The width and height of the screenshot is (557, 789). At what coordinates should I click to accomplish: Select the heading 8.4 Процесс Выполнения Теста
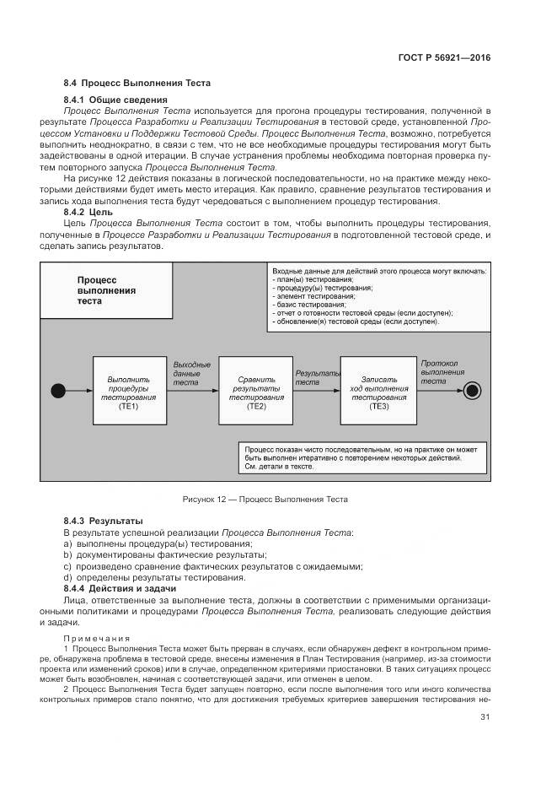point(137,83)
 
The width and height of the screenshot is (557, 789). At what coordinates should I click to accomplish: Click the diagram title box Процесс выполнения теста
point(106,289)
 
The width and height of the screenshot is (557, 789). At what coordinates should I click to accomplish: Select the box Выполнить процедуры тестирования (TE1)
point(129,391)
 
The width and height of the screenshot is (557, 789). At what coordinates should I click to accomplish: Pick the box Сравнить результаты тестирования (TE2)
point(255,391)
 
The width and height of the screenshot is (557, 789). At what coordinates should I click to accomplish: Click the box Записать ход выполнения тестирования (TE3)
point(378,391)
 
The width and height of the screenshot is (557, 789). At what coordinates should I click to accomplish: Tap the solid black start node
point(58,390)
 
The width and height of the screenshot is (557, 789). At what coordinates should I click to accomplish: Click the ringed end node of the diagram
point(472,390)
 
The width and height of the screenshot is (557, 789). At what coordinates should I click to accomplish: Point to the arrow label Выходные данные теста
point(191,373)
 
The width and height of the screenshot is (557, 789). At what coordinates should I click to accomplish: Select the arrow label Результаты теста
point(317,376)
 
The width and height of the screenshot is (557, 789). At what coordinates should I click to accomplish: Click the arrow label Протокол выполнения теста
point(442,371)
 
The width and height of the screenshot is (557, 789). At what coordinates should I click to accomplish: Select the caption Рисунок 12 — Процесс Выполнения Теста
point(265,500)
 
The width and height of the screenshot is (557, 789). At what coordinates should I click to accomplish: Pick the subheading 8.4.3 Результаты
point(104,521)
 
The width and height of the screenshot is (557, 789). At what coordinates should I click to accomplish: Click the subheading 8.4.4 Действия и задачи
point(120,587)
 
